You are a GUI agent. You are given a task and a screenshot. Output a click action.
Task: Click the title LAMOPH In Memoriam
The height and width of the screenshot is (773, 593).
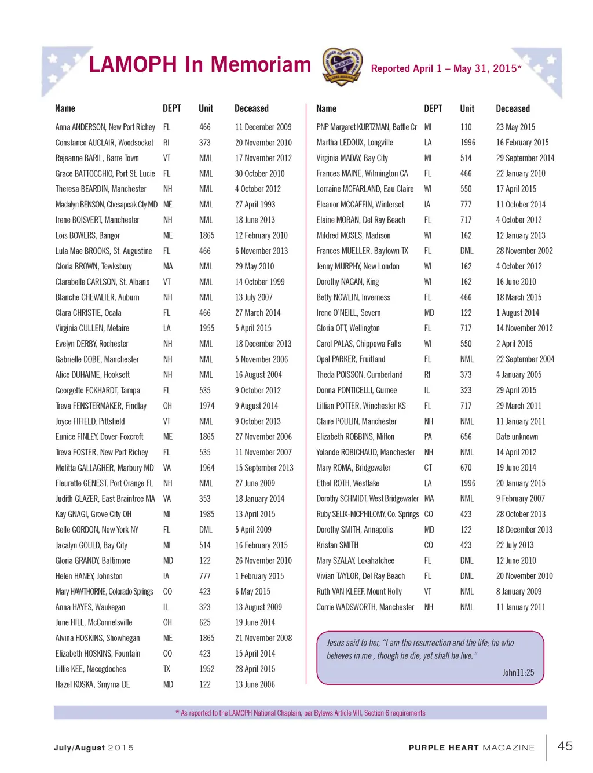(x=200, y=65)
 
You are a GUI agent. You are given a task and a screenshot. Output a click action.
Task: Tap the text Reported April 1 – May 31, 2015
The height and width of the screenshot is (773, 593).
(x=445, y=68)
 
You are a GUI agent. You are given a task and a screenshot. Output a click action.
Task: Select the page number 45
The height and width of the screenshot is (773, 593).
(x=565, y=746)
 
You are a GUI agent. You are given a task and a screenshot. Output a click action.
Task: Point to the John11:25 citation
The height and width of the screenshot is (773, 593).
(x=518, y=673)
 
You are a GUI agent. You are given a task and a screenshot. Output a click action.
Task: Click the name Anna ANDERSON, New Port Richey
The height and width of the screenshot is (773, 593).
(x=105, y=127)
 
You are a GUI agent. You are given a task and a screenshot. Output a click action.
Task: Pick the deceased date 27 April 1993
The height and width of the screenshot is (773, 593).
(x=255, y=205)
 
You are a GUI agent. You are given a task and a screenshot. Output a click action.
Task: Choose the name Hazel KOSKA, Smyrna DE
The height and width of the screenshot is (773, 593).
(x=93, y=684)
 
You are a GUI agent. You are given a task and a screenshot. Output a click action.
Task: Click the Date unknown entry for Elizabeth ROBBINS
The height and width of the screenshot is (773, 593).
(x=517, y=437)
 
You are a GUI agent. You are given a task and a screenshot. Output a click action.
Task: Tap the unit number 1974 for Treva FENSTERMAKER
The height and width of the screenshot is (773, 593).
(x=207, y=406)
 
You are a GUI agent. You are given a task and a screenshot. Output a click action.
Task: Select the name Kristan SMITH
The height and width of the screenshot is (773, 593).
(x=338, y=545)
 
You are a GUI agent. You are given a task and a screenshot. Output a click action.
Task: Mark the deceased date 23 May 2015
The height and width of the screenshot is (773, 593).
(x=515, y=127)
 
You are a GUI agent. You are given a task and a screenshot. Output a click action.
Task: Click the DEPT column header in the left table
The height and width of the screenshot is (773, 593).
(x=172, y=108)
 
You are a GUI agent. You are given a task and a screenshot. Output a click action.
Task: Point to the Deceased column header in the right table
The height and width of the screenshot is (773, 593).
(x=513, y=108)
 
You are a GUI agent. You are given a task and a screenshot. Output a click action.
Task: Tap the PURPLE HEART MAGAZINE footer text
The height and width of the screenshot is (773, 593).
(x=471, y=748)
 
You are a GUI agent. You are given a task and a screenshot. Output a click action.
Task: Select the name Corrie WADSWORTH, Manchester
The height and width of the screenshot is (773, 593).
(x=365, y=607)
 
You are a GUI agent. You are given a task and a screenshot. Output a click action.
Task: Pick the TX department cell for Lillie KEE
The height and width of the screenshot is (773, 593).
(x=167, y=669)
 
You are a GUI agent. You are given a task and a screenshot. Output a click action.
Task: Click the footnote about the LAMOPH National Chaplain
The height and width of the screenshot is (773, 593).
(x=301, y=713)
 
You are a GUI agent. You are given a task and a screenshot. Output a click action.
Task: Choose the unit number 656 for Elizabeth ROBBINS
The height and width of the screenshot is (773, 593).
(x=466, y=437)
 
